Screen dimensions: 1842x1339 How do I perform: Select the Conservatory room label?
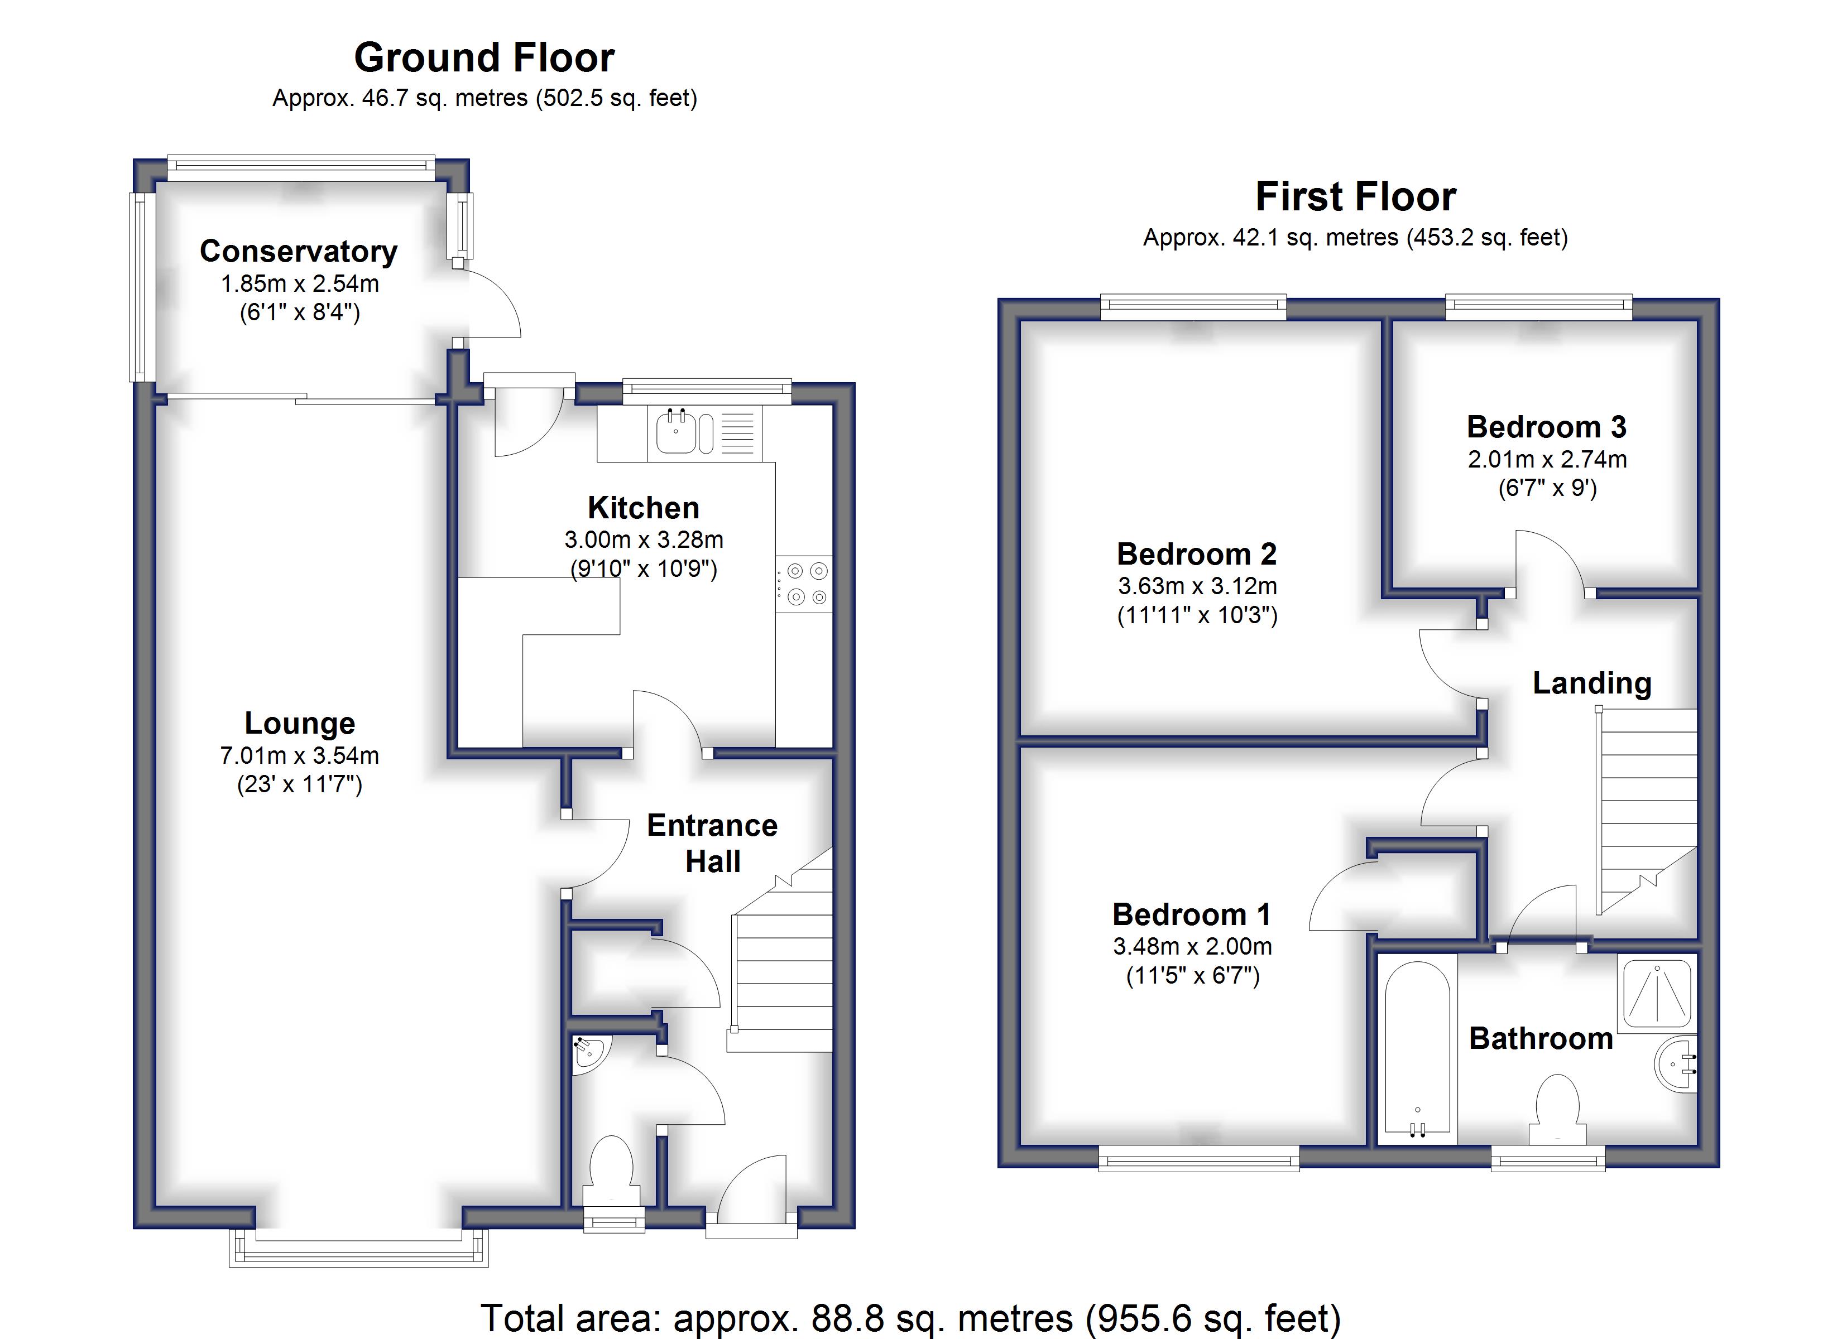click(x=299, y=252)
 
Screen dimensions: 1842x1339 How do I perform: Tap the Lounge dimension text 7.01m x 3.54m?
click(x=300, y=756)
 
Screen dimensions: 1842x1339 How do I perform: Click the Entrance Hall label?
click(x=712, y=843)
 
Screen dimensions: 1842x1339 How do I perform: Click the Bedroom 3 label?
click(x=1547, y=427)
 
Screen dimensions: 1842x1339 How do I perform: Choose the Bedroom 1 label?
click(x=1192, y=915)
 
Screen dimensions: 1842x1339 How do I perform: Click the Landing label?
click(x=1592, y=683)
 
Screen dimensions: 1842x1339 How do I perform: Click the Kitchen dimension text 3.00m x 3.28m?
click(x=644, y=540)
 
